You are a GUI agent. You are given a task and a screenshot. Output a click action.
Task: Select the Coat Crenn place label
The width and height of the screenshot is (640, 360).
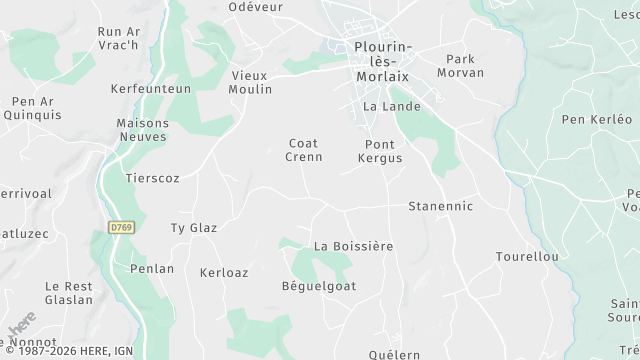304,150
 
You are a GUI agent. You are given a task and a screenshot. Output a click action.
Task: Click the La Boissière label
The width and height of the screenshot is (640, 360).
353,246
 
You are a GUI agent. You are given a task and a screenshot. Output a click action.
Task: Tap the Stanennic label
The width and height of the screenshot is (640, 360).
440,206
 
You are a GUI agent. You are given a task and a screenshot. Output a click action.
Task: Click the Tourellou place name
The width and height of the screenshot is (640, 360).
526,257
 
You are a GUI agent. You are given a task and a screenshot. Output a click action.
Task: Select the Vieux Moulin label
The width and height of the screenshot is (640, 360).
251,82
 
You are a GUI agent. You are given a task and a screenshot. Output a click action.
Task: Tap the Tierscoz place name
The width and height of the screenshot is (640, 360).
152,177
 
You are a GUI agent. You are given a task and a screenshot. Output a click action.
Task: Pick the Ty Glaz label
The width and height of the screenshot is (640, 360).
194,228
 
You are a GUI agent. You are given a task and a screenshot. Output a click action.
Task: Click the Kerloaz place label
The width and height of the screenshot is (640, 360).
223,272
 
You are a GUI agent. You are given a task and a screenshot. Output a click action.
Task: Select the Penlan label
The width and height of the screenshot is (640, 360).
152,269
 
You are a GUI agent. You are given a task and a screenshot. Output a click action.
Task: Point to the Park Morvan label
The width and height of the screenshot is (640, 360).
465,66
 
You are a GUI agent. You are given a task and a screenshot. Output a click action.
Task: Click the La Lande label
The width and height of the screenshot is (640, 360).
391,106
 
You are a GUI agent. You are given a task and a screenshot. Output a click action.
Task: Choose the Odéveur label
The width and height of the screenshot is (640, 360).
255,7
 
